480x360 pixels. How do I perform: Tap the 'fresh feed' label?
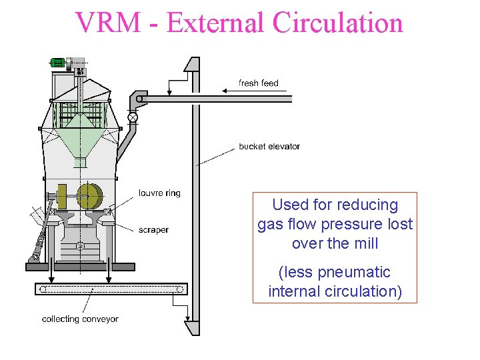(x=259, y=83)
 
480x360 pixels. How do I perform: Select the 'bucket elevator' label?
(x=269, y=147)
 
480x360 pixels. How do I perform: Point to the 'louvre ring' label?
(x=160, y=193)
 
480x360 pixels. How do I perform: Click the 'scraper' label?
(x=153, y=230)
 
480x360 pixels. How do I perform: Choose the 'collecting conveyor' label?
(x=80, y=319)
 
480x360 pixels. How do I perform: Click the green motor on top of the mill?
(x=58, y=63)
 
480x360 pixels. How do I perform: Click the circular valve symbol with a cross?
(x=133, y=118)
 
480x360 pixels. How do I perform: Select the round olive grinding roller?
(x=88, y=196)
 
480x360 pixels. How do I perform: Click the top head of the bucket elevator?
(x=191, y=65)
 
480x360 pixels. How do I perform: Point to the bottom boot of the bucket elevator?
(x=192, y=327)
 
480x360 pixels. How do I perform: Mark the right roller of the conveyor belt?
(x=179, y=289)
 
